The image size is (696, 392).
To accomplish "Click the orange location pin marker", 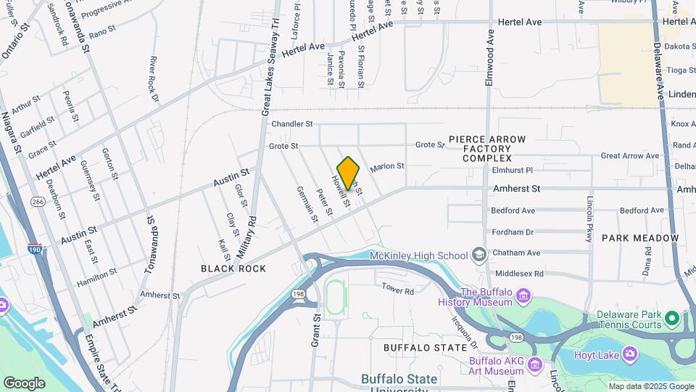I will click(x=349, y=173).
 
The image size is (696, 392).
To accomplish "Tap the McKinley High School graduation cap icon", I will click(x=478, y=255).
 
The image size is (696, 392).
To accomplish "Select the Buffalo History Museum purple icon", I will click(x=523, y=297).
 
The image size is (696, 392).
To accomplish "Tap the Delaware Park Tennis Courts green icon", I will click(x=672, y=319).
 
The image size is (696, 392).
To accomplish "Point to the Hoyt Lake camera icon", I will click(x=629, y=353).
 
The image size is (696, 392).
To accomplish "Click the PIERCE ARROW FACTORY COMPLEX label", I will click(x=487, y=148).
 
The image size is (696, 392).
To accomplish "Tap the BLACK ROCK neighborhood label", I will click(x=233, y=269).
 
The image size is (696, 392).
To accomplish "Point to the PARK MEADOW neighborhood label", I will click(x=640, y=238).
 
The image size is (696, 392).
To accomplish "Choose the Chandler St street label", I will click(x=291, y=124).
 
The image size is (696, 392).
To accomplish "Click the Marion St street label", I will click(x=386, y=166).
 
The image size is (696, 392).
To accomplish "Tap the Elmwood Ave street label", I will click(x=489, y=58).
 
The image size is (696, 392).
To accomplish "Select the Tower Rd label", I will click(x=397, y=290).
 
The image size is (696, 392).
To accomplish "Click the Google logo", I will click(x=24, y=383).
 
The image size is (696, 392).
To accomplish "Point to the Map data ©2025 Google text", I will click(x=650, y=386).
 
